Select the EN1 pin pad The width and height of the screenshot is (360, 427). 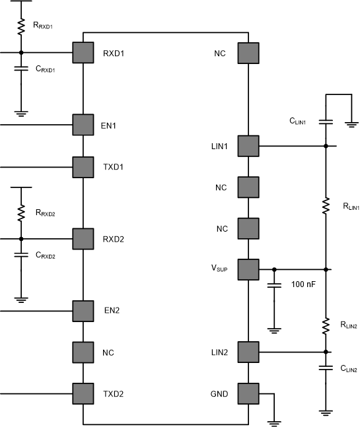83,124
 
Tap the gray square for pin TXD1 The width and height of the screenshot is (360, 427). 83,166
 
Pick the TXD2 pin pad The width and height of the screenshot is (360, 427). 83,394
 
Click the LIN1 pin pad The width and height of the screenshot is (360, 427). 248,146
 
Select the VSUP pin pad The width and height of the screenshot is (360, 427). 248,269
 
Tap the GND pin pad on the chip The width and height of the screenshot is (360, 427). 248,394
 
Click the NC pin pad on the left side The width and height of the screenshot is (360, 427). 83,352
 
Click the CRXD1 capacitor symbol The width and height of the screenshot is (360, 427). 21,69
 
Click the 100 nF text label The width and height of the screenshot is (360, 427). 303,285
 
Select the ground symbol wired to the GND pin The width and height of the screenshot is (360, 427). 272,421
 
